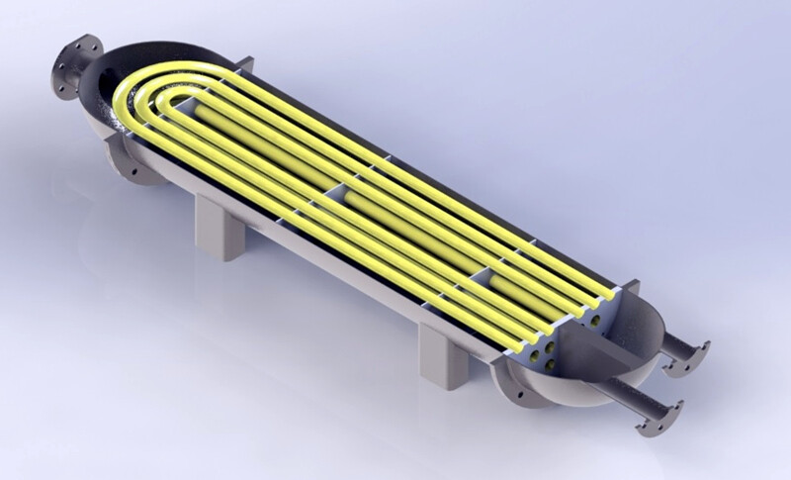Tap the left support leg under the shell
215,225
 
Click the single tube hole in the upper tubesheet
597,309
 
